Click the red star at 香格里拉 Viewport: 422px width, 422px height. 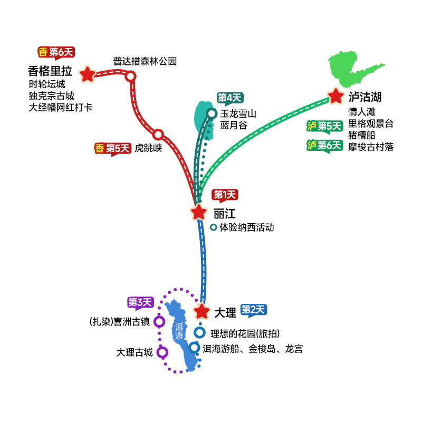87,74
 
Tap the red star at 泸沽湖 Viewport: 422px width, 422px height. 335,96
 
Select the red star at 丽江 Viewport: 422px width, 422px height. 198,212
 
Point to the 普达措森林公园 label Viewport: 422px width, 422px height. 145,61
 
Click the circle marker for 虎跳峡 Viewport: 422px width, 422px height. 158,135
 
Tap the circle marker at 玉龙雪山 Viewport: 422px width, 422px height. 212,113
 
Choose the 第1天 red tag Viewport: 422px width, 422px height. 225,195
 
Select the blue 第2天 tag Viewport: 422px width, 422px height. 254,310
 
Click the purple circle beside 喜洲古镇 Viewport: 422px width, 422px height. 159,321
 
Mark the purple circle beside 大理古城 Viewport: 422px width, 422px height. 162,352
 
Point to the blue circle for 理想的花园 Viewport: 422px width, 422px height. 199,333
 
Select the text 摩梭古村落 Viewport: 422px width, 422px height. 370,147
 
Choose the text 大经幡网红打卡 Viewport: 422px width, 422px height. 60,107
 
